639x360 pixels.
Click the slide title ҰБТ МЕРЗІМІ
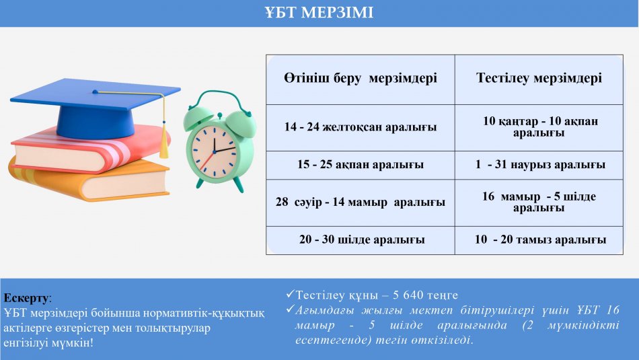point(319,13)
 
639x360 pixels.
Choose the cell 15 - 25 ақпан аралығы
point(361,164)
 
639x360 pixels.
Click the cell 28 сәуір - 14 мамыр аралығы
point(361,202)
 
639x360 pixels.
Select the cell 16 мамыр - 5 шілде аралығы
point(539,202)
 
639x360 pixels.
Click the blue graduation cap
point(96,108)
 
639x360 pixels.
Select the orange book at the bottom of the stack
point(89,180)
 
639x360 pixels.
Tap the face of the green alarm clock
point(215,151)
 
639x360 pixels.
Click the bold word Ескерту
point(26,298)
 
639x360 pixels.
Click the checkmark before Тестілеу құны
point(290,293)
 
